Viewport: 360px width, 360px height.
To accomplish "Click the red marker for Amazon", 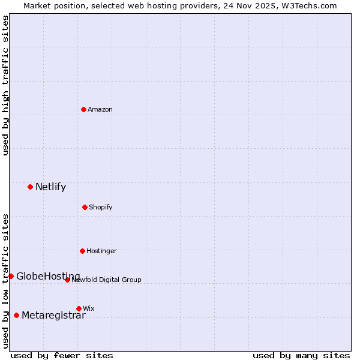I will point(83,109).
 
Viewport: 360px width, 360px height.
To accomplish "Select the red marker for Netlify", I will point(30,187).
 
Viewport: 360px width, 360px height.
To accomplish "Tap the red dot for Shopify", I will point(85,207).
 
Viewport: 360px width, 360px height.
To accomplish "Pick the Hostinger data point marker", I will point(82,251).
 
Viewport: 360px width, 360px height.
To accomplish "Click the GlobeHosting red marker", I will point(11,276).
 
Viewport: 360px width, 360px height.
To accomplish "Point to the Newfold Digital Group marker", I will point(67,280).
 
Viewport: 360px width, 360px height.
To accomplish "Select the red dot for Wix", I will point(79,308).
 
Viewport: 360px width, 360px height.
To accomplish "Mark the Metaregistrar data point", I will point(16,315).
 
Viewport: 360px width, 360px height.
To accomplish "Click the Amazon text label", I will point(100,109).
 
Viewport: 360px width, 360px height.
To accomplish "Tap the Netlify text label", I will point(50,187).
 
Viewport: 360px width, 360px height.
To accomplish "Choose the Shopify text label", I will point(101,207).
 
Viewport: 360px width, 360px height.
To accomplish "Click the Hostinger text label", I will point(101,251).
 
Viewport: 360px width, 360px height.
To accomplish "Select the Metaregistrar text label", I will point(53,316).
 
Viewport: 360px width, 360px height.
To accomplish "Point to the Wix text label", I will point(88,308).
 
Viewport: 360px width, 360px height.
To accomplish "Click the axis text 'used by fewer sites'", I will point(62,355).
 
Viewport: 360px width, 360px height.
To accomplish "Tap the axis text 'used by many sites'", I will point(301,355).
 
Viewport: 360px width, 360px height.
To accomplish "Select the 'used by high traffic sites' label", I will point(5,85).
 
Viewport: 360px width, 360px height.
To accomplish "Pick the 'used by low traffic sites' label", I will point(5,280).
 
